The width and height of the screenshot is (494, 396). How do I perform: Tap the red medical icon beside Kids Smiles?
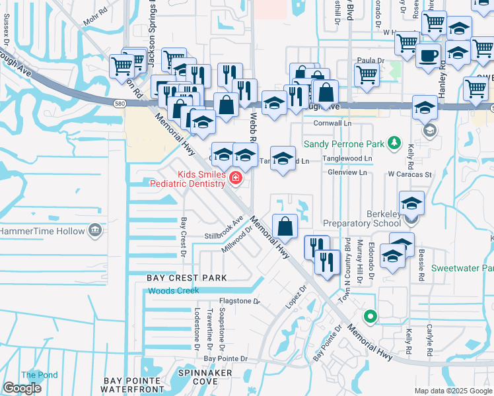tap(234, 177)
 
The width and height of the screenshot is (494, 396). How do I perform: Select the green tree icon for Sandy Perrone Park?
tap(394, 143)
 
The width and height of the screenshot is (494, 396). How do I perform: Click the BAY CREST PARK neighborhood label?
tap(187, 278)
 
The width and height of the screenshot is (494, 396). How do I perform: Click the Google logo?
tap(22, 388)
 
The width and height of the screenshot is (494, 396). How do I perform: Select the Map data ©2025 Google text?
tap(453, 391)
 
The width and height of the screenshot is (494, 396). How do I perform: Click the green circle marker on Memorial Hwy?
tap(370, 317)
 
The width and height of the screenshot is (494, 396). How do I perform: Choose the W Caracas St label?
tap(409, 175)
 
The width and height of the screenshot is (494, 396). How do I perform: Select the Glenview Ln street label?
tap(347, 172)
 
